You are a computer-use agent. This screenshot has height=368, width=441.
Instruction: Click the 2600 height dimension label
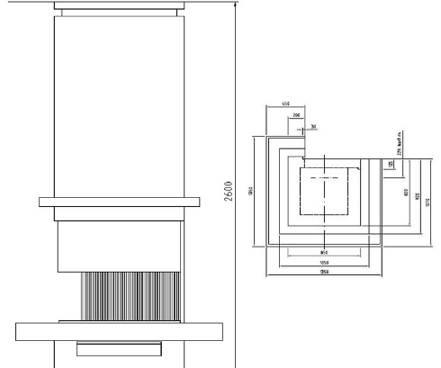(230, 186)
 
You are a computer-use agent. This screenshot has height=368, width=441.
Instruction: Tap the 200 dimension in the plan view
(294, 117)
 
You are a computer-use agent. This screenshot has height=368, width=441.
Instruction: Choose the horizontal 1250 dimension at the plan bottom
(324, 274)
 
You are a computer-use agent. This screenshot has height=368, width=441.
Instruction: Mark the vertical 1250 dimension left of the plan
(255, 191)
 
